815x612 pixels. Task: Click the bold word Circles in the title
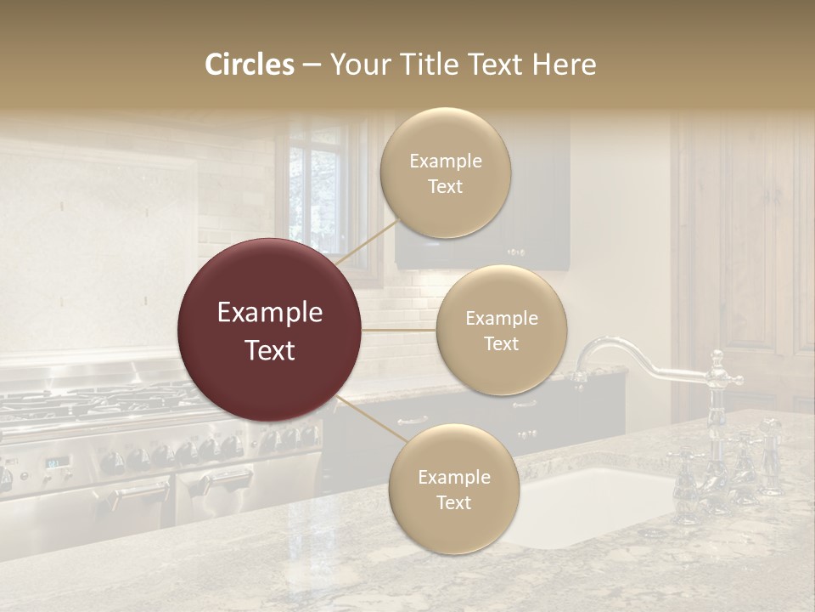point(249,65)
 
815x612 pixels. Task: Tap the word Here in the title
point(565,65)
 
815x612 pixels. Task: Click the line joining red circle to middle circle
point(399,330)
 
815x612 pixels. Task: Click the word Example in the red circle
point(270,313)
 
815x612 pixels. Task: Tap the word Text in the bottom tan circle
point(453,502)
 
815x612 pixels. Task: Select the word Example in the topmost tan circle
point(445,161)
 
